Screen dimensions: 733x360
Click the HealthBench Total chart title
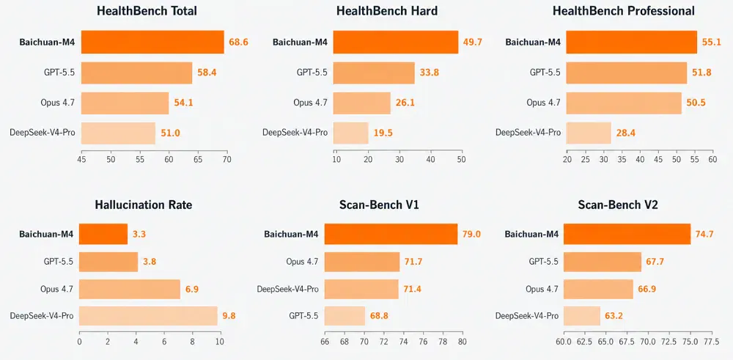147,11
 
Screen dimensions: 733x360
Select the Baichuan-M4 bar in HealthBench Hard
397,42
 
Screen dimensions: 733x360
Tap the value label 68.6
238,42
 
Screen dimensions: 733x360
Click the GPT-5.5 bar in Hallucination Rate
108,262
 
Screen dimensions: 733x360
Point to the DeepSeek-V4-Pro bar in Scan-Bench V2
582,316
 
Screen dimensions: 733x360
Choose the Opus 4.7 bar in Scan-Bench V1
362,262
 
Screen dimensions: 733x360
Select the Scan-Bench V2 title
618,205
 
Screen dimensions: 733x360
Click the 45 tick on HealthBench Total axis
81,159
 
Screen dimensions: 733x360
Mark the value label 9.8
229,315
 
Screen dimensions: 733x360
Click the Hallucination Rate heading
144,205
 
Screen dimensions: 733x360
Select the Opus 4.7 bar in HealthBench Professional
624,103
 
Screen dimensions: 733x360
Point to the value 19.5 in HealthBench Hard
383,133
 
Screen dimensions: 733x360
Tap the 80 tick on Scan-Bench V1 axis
463,342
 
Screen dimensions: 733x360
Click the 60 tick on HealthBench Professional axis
712,159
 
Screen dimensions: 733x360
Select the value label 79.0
472,234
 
